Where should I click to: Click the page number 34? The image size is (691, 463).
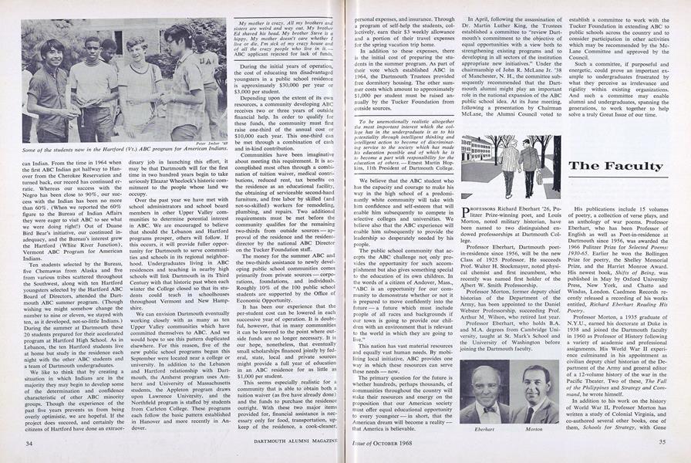[28, 442]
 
